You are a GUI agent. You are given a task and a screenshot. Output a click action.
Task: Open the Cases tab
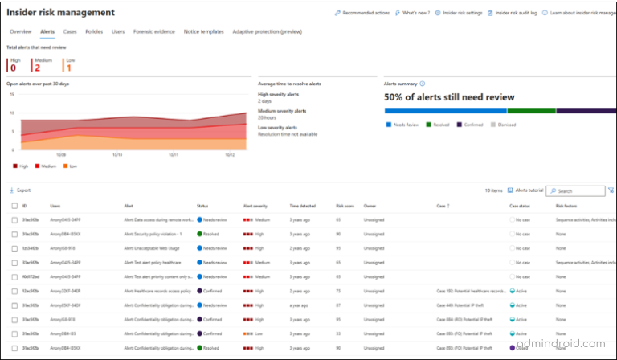point(70,31)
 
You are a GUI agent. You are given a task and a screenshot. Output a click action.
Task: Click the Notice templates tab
point(204,31)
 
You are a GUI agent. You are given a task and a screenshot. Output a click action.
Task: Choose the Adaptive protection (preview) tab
point(267,31)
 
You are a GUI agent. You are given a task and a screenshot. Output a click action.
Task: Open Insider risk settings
point(461,13)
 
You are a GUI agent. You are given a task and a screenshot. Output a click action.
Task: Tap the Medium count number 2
point(37,67)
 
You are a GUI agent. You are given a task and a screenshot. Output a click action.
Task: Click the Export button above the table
point(22,190)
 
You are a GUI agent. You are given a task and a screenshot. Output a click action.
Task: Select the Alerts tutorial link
point(525,190)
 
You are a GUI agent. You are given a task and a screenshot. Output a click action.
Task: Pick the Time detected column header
point(303,207)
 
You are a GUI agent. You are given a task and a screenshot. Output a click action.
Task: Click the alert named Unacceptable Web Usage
point(153,248)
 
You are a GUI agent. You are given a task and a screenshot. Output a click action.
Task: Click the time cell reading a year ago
point(301,305)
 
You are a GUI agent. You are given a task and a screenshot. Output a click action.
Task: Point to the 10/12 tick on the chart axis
point(230,154)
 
